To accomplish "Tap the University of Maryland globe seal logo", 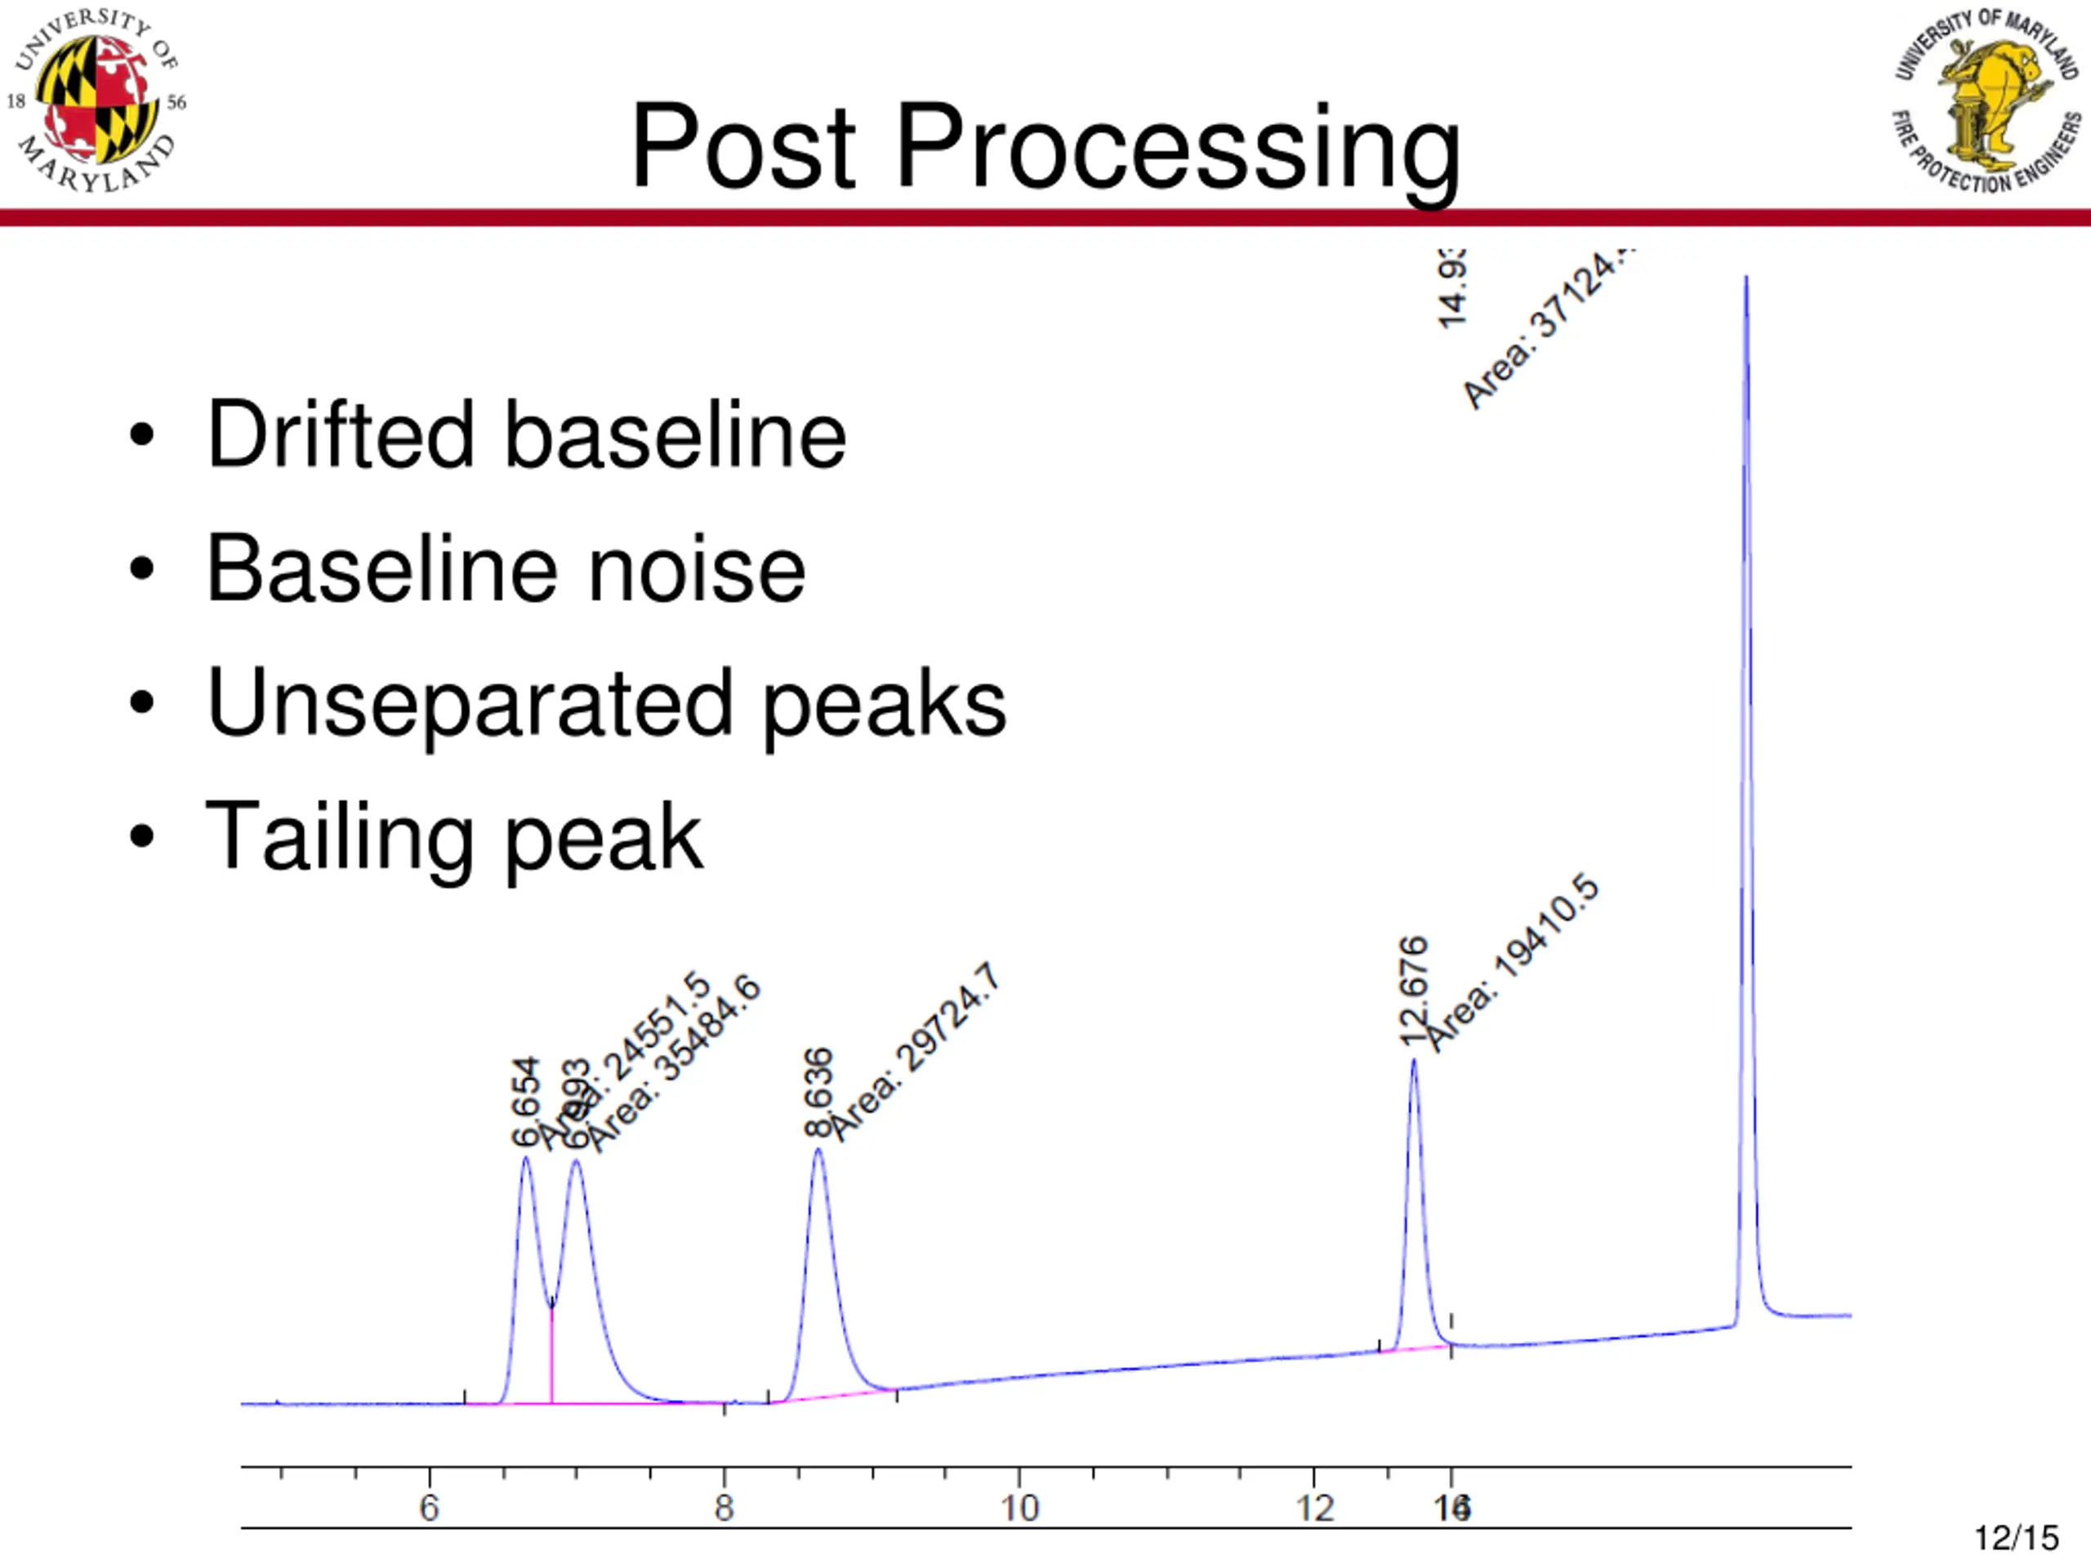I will [96, 102].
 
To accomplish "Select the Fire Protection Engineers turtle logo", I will [1986, 102].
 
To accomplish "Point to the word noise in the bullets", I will [697, 569].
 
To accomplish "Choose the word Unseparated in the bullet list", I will [470, 704].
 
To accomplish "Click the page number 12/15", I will [2017, 1538].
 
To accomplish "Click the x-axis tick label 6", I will [429, 1508].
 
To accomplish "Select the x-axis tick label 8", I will [724, 1508].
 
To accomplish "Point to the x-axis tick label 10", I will [1019, 1508].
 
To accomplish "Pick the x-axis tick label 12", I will [1314, 1508].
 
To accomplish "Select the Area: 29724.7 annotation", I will [915, 1051].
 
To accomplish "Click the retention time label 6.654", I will [525, 1101].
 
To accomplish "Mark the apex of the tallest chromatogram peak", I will [1746, 278].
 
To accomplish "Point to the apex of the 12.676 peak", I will [1414, 1061].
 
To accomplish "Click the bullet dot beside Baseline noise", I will [142, 569].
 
